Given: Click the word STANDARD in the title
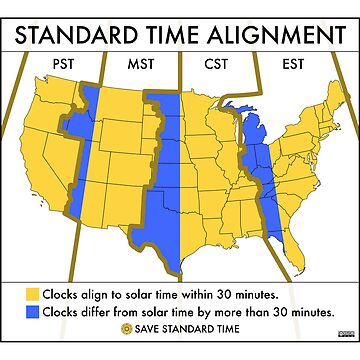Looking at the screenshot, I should (x=79, y=37).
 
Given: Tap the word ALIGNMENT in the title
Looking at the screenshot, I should (x=266, y=37).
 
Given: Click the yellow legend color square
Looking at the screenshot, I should (x=33, y=294).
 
